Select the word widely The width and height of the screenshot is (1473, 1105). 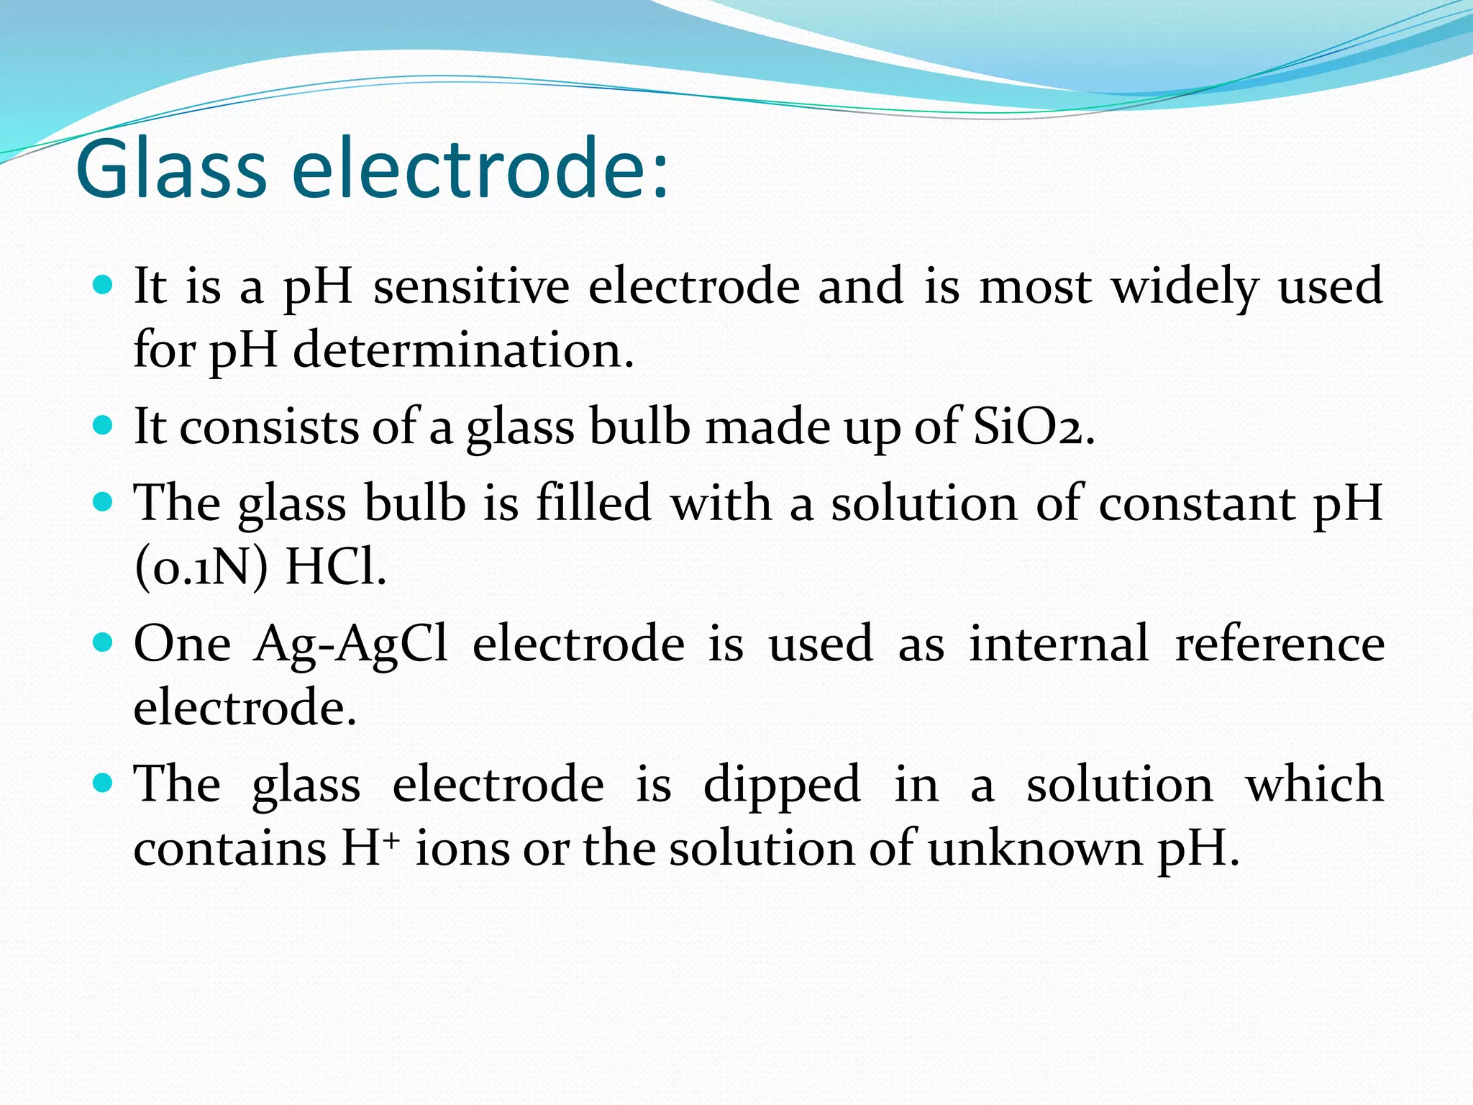coord(1185,286)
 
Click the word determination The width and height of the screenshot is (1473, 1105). coord(463,350)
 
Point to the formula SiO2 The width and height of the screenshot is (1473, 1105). coord(1033,427)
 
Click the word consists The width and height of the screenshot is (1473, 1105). coord(268,427)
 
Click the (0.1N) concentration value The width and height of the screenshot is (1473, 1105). coord(201,568)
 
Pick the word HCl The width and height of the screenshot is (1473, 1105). coord(335,568)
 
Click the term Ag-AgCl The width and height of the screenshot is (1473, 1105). coord(351,643)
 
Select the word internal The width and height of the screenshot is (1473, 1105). coord(1058,643)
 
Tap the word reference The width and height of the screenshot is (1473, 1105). coord(1279,643)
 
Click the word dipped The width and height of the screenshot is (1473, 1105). coord(781,783)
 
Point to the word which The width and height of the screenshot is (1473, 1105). coord(1314,783)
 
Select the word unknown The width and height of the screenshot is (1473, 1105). coord(1034,849)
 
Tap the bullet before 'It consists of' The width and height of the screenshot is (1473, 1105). coord(104,425)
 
